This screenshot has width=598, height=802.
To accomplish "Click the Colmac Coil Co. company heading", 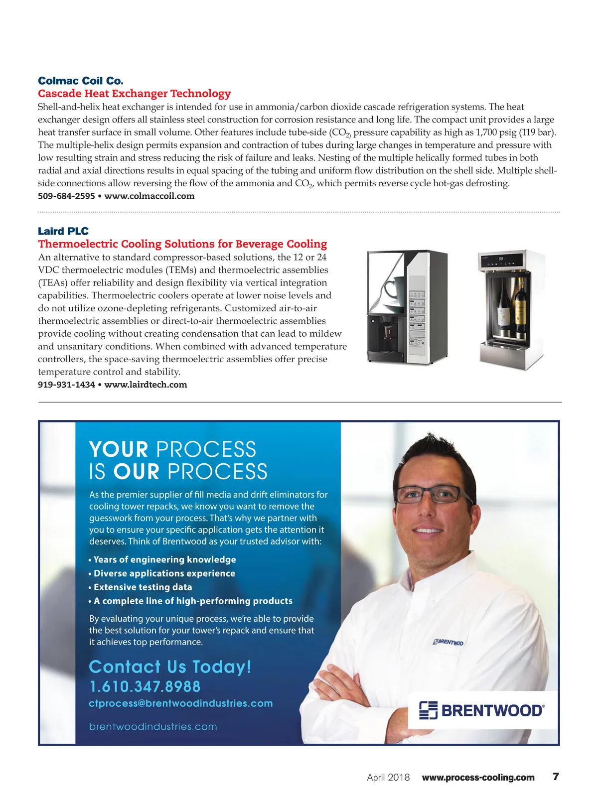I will click(x=81, y=81).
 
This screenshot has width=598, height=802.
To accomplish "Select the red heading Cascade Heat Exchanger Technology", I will click(x=135, y=94).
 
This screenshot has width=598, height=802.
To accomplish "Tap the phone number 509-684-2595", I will click(x=66, y=196).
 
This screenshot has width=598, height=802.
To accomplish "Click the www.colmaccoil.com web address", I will click(x=149, y=196).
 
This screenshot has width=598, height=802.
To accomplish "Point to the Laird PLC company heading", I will click(x=63, y=231).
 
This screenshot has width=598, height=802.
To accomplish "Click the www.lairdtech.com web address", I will click(x=146, y=385).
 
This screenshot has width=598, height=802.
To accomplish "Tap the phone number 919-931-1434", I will click(x=66, y=385).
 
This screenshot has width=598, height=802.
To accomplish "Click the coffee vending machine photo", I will click(x=407, y=307).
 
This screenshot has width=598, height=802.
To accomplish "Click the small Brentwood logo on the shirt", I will click(x=448, y=642).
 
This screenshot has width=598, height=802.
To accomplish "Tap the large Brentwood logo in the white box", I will click(x=482, y=710).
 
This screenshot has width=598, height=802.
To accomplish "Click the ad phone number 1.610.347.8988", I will click(x=145, y=687).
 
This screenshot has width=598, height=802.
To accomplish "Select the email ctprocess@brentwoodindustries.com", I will click(x=181, y=703).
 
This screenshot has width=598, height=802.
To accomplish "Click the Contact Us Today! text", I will click(x=170, y=667).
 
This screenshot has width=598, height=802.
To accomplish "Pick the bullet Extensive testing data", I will click(x=143, y=587).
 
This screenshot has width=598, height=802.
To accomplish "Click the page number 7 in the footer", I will click(x=556, y=777).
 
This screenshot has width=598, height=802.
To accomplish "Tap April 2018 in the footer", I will click(x=388, y=778).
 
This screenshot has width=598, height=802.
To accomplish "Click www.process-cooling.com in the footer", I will click(x=478, y=778).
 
